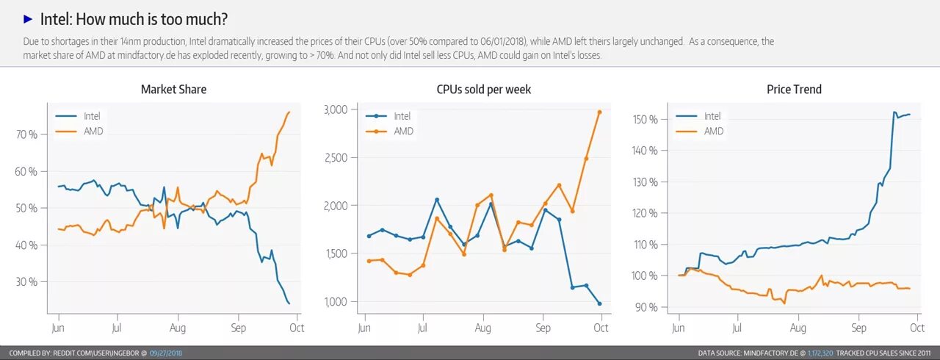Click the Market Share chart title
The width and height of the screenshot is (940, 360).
coord(173,90)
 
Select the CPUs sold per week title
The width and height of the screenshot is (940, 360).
coord(483,90)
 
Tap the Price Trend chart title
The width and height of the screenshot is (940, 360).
coord(794,90)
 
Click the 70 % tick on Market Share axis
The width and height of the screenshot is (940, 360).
coord(26,134)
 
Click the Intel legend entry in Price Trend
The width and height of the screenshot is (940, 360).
coord(712,115)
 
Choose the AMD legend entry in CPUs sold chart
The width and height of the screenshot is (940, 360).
coord(403,131)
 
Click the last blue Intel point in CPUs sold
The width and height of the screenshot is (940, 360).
coord(599,303)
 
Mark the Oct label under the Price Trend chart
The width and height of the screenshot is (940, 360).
coord(916,328)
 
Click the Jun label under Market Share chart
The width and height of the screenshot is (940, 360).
coord(57,328)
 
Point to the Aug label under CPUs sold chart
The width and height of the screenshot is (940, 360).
coord(482,328)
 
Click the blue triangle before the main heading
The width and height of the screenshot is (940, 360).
coord(28,18)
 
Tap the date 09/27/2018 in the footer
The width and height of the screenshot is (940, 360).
coord(166,353)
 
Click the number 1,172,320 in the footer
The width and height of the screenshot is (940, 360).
coord(820,353)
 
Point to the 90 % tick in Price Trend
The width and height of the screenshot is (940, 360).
coord(647,307)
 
